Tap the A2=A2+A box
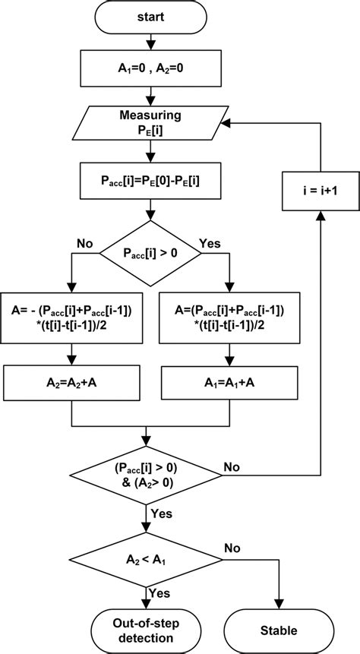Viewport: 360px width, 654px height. pyautogui.click(x=71, y=382)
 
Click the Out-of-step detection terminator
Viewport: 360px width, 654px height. pyautogui.click(x=146, y=629)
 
